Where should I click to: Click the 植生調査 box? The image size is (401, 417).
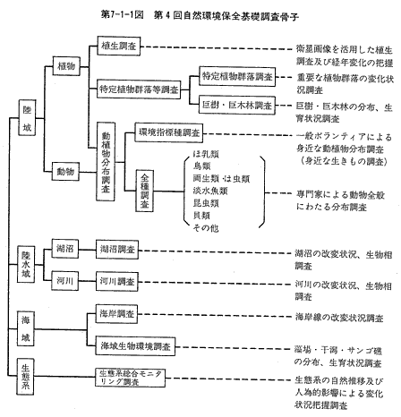pos(119,46)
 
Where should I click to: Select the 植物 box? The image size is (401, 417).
pos(66,66)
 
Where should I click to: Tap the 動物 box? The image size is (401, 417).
pos(65,171)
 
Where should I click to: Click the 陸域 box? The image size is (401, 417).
pos(27,118)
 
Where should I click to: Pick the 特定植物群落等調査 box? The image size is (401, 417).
pos(139,89)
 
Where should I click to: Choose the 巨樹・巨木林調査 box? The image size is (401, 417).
pos(237,105)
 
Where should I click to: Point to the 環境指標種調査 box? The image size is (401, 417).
pos(169,132)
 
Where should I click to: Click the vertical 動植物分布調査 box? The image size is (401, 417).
pos(106,161)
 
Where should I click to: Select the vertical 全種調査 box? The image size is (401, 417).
pos(145,191)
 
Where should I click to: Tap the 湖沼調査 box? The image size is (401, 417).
pos(117,249)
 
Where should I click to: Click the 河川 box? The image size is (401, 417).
pos(65,281)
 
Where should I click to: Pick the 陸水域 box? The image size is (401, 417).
pos(26,264)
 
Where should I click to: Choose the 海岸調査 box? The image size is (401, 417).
pos(116,313)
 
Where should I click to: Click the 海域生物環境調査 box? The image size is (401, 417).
pos(135,346)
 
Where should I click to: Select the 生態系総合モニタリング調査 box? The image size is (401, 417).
pos(131,378)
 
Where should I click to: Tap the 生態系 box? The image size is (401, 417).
pos(25,377)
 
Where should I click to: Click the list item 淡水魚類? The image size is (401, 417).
pos(210,191)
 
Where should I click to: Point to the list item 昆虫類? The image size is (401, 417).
pos(206,203)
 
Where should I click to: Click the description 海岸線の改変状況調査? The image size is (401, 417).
pos(339,318)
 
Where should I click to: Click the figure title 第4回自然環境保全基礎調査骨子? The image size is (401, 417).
pos(226,15)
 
